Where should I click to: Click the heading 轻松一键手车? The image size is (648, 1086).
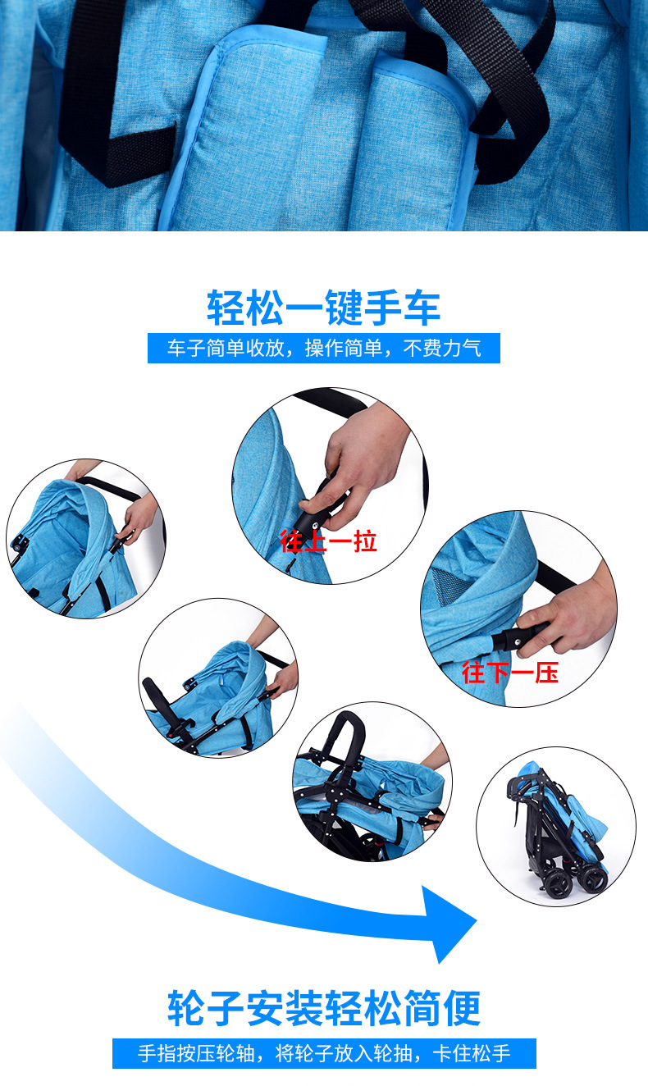[x=324, y=308]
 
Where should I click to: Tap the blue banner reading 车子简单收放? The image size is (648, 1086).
[x=324, y=348]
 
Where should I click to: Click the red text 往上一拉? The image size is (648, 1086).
[x=328, y=541]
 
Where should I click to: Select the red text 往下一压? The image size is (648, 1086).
[x=510, y=673]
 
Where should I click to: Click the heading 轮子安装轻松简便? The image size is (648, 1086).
[x=324, y=1009]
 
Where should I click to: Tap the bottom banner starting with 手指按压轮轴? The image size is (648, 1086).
[x=324, y=1053]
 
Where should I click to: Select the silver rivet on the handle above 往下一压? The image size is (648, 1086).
[x=517, y=641]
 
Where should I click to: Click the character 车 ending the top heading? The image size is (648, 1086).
[x=422, y=308]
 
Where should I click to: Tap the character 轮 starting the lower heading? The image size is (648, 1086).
[x=186, y=1009]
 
